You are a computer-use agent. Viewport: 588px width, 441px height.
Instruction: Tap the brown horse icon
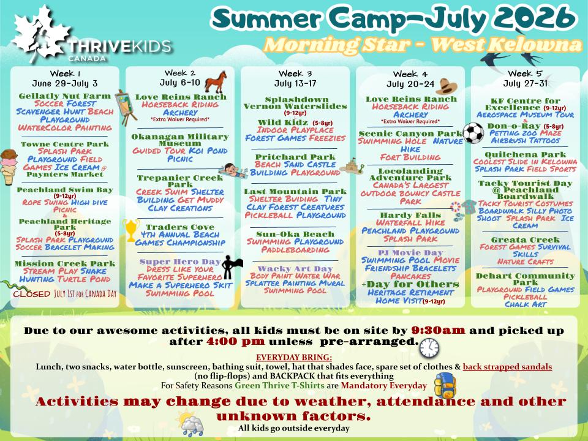click(x=216, y=81)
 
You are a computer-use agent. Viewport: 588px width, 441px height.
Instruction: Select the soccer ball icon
click(x=473, y=133)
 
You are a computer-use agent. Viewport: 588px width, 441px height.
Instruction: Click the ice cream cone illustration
click(x=8, y=167)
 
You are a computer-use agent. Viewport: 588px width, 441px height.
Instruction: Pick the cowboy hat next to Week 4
click(x=446, y=86)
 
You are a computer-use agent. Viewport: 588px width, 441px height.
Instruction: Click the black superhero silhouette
click(x=231, y=267)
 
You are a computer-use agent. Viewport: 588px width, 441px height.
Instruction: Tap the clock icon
click(x=429, y=348)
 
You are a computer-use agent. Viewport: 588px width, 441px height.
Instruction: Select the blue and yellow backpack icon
click(x=445, y=385)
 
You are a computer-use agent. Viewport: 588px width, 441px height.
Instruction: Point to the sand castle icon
click(x=352, y=166)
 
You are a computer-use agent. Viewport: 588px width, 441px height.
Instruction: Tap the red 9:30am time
click(x=438, y=330)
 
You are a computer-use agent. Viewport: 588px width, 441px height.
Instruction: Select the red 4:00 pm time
click(x=235, y=341)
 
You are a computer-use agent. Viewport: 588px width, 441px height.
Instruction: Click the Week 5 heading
click(x=525, y=73)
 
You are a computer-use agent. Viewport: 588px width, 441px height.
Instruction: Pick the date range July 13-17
click(x=295, y=83)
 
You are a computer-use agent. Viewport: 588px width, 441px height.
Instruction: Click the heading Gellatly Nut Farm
click(x=65, y=96)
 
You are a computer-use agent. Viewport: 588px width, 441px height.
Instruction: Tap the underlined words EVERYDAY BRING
click(x=294, y=357)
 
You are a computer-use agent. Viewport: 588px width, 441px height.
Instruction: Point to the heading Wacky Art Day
click(x=295, y=268)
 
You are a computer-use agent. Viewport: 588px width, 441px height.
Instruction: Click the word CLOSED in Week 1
click(x=31, y=294)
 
